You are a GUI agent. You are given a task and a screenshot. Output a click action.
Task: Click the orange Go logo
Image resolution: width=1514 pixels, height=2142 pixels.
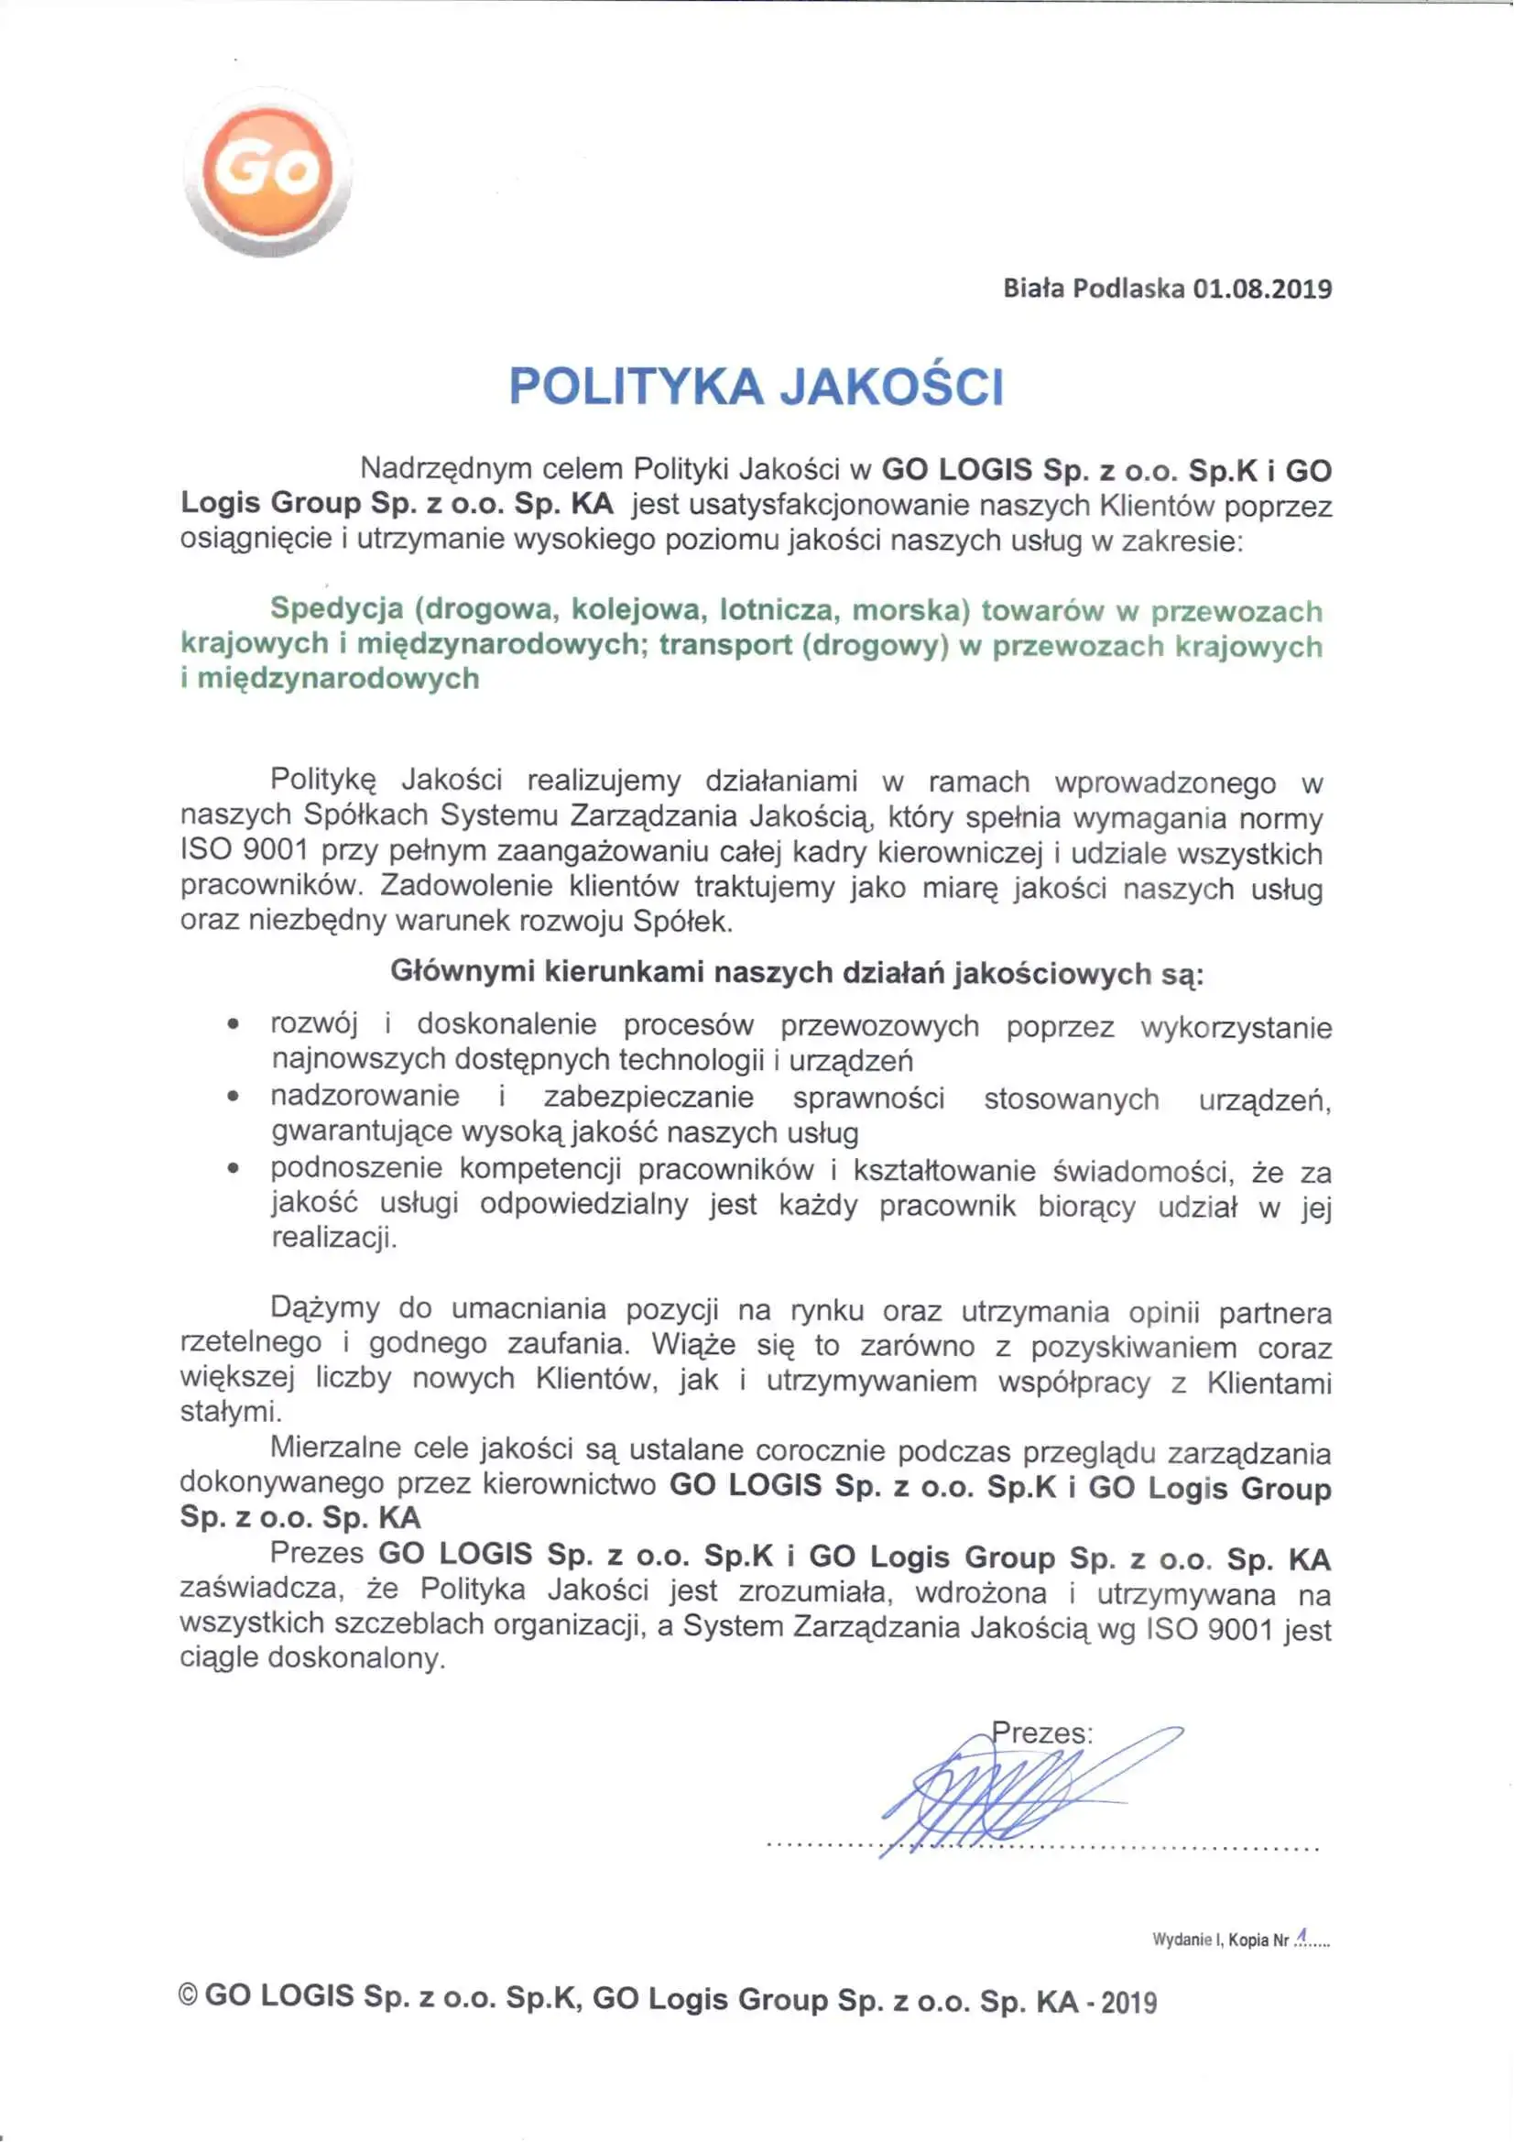coord(267,172)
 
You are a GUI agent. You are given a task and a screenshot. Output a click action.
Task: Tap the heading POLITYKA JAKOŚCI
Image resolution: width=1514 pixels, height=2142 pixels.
coord(757,387)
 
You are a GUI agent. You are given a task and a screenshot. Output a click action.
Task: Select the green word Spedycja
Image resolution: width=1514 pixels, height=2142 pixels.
coord(337,608)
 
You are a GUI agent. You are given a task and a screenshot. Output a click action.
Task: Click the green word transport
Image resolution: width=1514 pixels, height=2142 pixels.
coord(724,646)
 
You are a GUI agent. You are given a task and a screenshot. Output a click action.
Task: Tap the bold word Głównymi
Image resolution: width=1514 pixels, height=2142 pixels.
coord(462,971)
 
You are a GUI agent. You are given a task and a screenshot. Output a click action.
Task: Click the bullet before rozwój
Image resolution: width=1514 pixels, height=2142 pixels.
coord(234,1025)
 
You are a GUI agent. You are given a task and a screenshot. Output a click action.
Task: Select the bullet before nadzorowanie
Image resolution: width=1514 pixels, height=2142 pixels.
coord(234,1098)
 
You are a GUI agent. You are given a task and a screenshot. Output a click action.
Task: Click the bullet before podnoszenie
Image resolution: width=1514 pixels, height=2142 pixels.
coord(234,1168)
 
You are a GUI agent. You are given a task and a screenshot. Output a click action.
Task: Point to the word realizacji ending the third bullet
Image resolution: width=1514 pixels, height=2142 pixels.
coord(333,1239)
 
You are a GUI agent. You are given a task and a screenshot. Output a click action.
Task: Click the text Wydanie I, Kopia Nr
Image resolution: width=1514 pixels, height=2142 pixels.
coord(1220,1940)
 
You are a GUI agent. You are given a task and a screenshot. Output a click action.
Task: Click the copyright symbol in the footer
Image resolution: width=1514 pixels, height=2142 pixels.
coord(188,1996)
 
